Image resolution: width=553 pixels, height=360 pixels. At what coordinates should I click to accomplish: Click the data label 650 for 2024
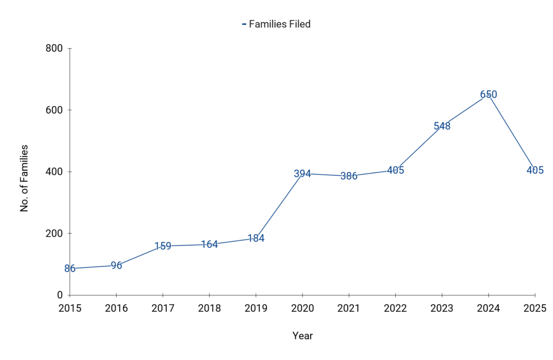pyautogui.click(x=488, y=95)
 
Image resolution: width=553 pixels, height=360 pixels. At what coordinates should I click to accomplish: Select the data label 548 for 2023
pyautogui.click(x=442, y=126)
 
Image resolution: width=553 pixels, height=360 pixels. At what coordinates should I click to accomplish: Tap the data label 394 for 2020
pyautogui.click(x=302, y=174)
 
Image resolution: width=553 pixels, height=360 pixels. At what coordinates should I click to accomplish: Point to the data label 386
pyautogui.click(x=349, y=176)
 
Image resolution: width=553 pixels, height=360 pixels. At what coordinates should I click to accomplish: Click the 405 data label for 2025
pyautogui.click(x=535, y=170)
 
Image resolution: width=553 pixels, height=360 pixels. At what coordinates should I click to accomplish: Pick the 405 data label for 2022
pyautogui.click(x=395, y=170)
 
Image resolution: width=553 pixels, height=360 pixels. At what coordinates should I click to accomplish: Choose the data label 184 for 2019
pyautogui.click(x=255, y=238)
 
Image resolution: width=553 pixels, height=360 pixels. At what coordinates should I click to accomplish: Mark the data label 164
pyautogui.click(x=209, y=244)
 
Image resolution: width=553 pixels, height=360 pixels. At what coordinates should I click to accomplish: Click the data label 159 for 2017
pyautogui.click(x=163, y=246)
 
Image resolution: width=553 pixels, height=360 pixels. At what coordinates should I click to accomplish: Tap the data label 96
pyautogui.click(x=116, y=265)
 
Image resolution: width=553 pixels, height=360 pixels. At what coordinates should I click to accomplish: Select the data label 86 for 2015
pyautogui.click(x=70, y=269)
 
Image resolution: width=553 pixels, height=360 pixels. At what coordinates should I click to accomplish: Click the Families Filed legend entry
pyautogui.click(x=276, y=24)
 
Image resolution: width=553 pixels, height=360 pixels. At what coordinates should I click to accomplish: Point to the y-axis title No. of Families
pyautogui.click(x=24, y=177)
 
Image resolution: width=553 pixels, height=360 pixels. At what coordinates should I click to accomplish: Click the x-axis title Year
pyautogui.click(x=302, y=336)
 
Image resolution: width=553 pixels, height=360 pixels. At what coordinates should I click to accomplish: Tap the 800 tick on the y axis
pyautogui.click(x=53, y=49)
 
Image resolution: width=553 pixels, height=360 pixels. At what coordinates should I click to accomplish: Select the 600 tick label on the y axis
pyautogui.click(x=53, y=110)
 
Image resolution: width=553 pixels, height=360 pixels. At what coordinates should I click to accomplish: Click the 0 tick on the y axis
pyautogui.click(x=60, y=295)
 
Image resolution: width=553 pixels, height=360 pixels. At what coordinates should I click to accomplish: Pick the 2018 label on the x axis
pyautogui.click(x=209, y=308)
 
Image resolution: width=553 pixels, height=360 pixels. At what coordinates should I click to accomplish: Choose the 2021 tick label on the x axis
pyautogui.click(x=349, y=308)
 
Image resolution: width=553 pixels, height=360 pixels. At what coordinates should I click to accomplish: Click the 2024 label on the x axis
pyautogui.click(x=488, y=308)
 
